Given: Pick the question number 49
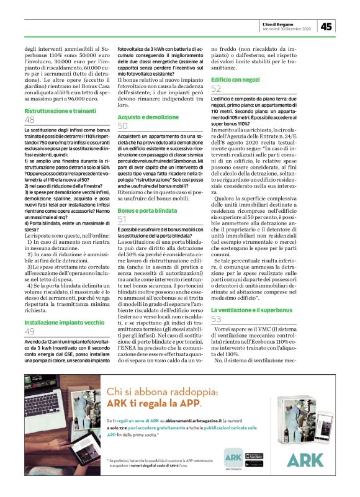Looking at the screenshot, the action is click(x=30, y=333).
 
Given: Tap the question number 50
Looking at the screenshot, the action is click(x=123, y=126).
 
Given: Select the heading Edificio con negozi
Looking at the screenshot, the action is click(x=236, y=81).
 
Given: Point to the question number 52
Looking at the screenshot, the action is click(x=216, y=90).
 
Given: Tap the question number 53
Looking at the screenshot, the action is click(x=216, y=319).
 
